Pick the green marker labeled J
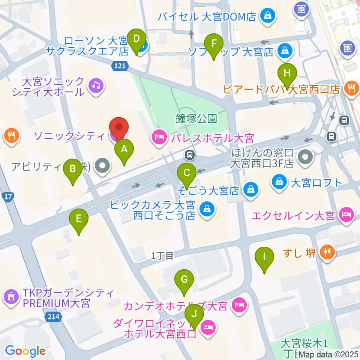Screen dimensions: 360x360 (194, 315)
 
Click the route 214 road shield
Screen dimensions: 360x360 (53, 317)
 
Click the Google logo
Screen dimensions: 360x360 (25, 351)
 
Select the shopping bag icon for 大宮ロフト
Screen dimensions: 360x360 (280, 182)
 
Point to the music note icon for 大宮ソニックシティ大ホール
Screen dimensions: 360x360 (96, 86)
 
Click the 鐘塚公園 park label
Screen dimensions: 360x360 (196, 119)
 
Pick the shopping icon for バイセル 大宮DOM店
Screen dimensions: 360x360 (268, 16)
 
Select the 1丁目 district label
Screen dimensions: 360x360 (162, 256)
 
